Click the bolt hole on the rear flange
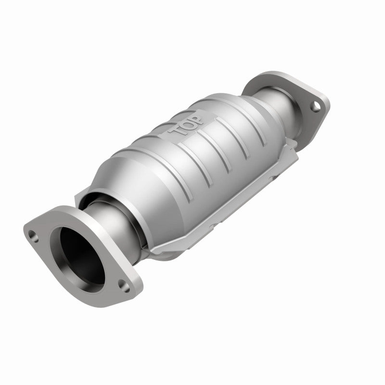[x=314, y=106]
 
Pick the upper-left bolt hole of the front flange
[x=33, y=235]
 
